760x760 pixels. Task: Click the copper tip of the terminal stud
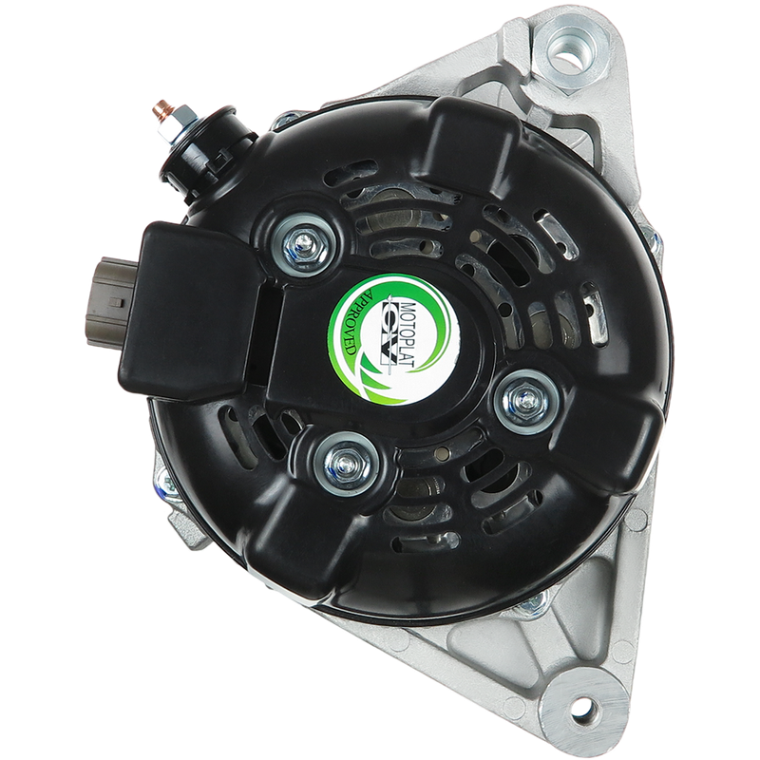(160, 112)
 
